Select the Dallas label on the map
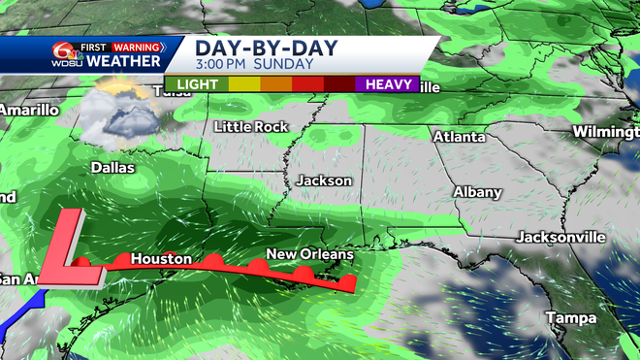[112, 167]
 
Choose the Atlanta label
[459, 137]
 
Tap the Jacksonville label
[560, 237]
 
